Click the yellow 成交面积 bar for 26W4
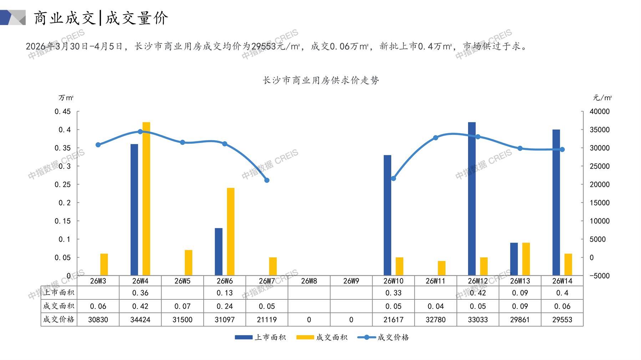point(146,199)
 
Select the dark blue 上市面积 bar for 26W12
point(472,199)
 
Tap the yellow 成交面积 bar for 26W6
point(231,232)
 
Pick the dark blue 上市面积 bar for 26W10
point(387,215)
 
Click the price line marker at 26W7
point(267,180)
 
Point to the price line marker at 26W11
point(436,138)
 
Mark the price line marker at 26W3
point(98,145)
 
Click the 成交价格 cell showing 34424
point(140,320)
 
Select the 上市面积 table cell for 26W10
point(393,293)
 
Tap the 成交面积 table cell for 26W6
point(225,306)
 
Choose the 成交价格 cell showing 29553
point(562,320)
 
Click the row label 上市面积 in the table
point(59,293)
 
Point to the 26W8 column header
point(309,281)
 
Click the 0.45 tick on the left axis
point(63,112)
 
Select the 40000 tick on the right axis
point(599,112)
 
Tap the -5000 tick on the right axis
point(599,276)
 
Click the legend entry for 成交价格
point(383,337)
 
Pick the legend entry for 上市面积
point(261,337)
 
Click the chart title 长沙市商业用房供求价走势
point(321,81)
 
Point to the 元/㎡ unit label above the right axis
point(602,98)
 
